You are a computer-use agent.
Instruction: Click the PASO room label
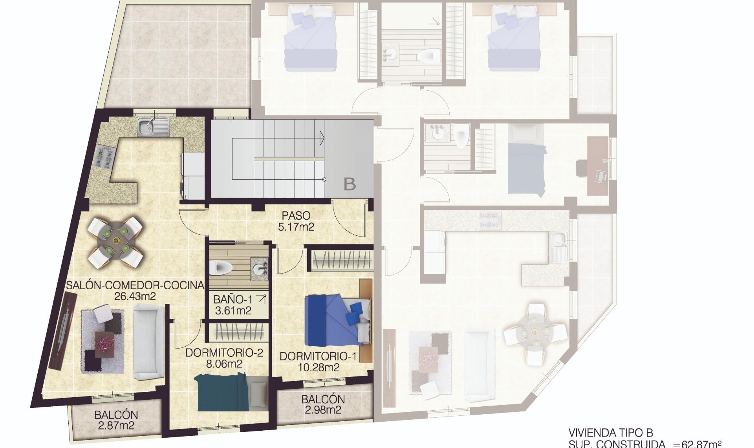pyautogui.click(x=296, y=215)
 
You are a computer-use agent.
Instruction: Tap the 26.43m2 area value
pyautogui.click(x=135, y=296)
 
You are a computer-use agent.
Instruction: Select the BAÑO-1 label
pyautogui.click(x=233, y=299)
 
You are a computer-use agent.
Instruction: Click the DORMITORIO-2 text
pyautogui.click(x=224, y=353)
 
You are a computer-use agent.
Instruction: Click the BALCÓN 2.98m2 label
pyautogui.click(x=323, y=404)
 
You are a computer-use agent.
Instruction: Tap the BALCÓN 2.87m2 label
pyautogui.click(x=116, y=420)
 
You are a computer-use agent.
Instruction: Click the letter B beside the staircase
pyautogui.click(x=350, y=184)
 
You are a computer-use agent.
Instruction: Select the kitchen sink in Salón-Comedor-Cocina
pyautogui.click(x=153, y=127)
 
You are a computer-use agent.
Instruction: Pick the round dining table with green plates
pyautogui.click(x=116, y=241)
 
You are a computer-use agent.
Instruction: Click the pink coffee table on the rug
pyautogui.click(x=105, y=344)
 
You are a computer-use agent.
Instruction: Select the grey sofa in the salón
pyautogui.click(x=148, y=343)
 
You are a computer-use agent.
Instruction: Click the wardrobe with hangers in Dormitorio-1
pyautogui.click(x=342, y=259)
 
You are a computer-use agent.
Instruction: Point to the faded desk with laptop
pyautogui.click(x=597, y=166)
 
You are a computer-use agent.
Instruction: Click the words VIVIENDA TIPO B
pyautogui.click(x=610, y=433)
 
